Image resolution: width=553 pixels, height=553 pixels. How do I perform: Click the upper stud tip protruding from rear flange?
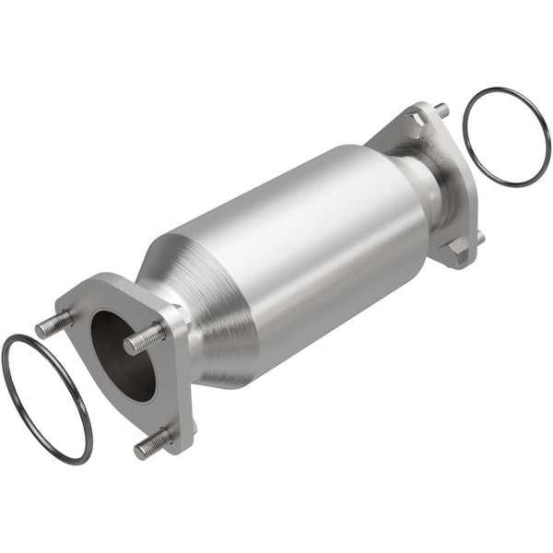[x=443, y=110]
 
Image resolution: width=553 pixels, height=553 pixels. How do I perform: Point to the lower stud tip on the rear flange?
[x=480, y=238]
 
